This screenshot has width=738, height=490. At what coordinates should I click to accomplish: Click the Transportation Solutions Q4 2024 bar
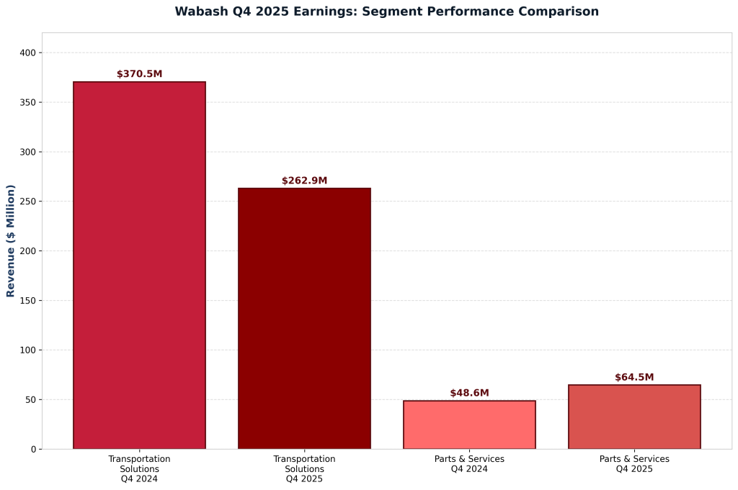139,266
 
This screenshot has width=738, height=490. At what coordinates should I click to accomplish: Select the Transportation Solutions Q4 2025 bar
304,319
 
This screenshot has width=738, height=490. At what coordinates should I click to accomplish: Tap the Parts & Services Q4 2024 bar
469,425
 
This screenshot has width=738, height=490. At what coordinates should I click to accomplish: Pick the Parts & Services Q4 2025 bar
634,417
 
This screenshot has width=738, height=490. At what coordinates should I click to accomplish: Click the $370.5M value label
139,74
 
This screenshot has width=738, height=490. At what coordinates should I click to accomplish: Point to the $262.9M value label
304,181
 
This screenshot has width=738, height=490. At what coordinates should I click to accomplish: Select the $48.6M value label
469,393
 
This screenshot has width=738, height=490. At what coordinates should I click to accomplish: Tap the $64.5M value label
634,377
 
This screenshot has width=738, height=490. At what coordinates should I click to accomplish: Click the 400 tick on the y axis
28,53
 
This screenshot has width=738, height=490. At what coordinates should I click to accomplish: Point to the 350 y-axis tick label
28,103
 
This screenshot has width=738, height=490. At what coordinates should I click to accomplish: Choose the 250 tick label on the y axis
28,201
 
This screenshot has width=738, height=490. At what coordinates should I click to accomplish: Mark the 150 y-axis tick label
28,301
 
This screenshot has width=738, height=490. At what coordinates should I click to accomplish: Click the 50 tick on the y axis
31,399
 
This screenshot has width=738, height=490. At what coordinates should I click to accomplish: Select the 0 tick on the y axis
33,449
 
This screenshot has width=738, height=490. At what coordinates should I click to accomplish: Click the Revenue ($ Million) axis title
11,241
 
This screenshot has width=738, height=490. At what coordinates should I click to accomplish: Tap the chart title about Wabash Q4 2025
386,12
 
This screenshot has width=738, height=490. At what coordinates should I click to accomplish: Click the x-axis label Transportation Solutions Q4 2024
139,468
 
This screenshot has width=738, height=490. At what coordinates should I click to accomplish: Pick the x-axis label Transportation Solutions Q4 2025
304,468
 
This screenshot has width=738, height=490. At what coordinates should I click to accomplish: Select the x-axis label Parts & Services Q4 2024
469,463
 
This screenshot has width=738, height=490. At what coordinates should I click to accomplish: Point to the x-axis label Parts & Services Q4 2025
634,463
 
